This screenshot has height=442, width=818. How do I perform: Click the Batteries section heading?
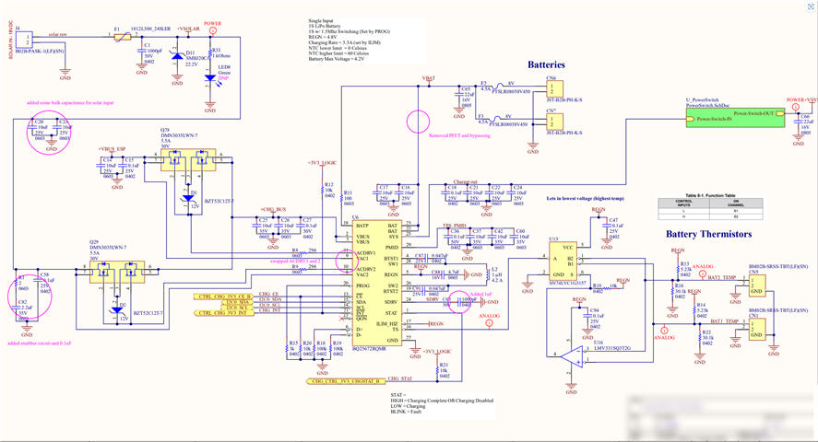(x=546, y=64)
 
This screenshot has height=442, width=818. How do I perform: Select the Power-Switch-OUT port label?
(x=759, y=113)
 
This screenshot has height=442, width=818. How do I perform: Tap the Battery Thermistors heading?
(x=708, y=234)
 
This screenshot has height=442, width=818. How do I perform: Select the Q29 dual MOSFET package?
(x=120, y=273)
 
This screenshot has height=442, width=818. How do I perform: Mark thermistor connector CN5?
(x=755, y=285)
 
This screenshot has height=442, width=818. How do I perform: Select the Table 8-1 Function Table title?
(x=711, y=196)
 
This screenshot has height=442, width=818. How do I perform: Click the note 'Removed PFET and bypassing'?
(x=460, y=135)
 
